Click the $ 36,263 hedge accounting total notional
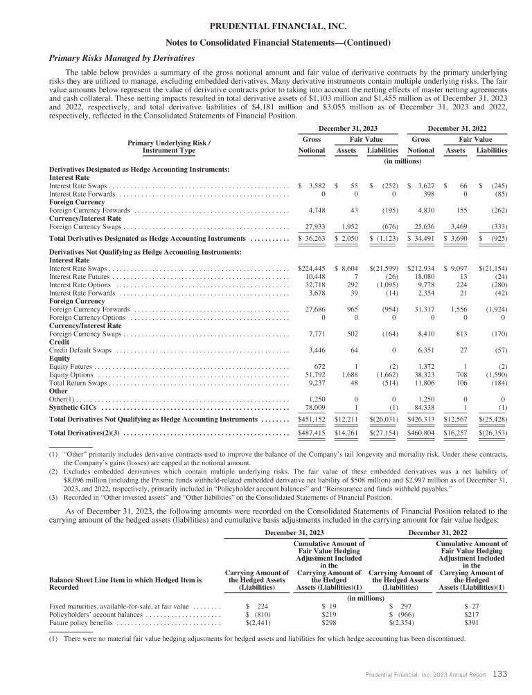coord(312,238)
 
